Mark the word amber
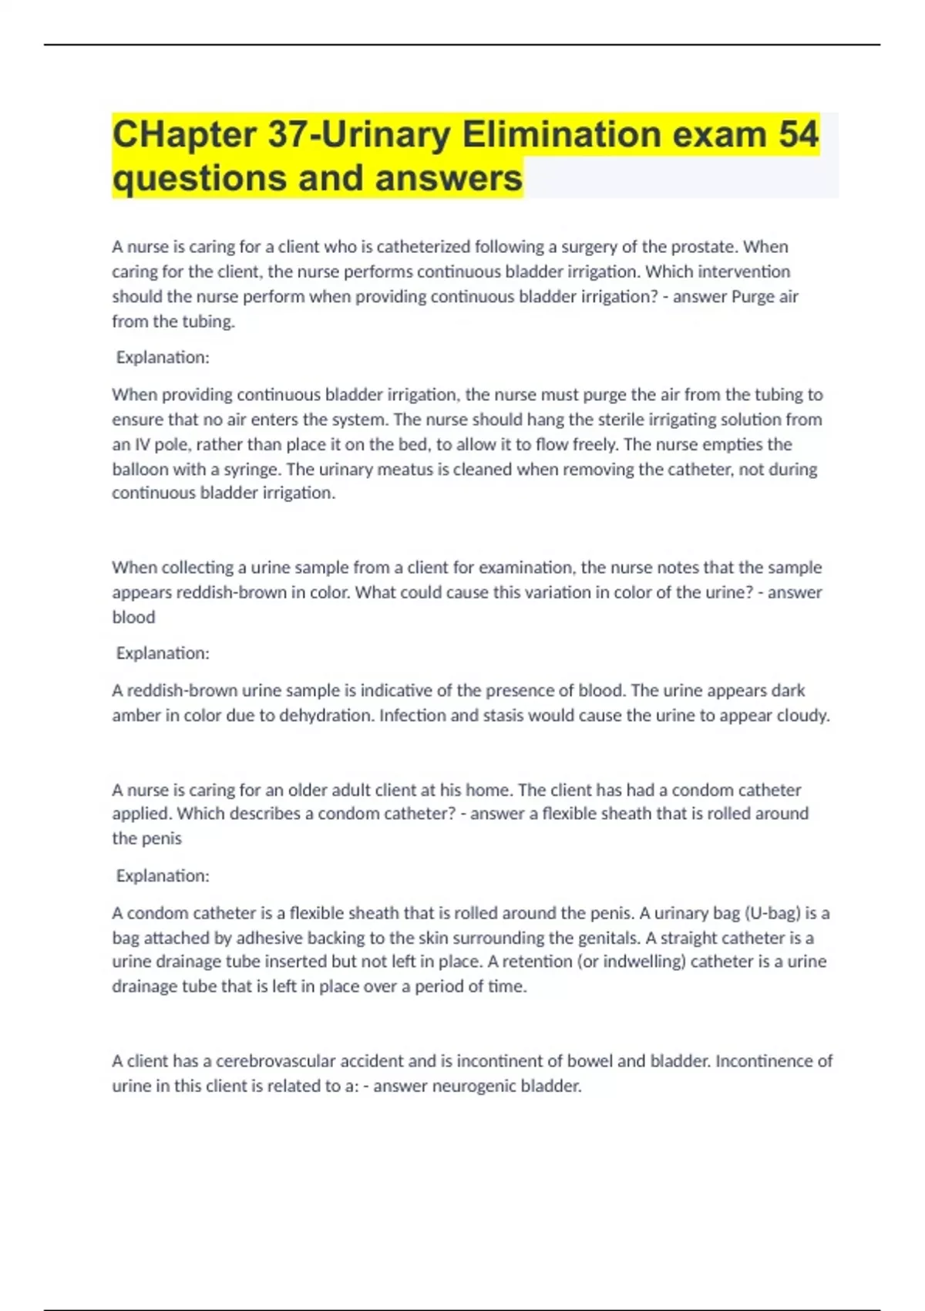coord(129,716)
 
